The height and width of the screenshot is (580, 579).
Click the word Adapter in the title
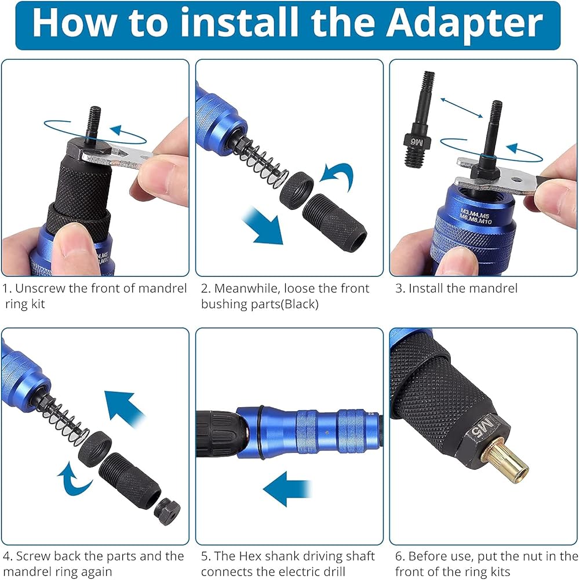click(x=464, y=24)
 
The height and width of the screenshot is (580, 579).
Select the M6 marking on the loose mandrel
click(x=417, y=142)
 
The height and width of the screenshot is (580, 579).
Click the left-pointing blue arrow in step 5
click(x=287, y=488)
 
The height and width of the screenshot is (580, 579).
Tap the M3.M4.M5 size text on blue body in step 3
click(x=474, y=213)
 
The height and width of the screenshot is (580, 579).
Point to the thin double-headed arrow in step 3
click(x=461, y=108)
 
